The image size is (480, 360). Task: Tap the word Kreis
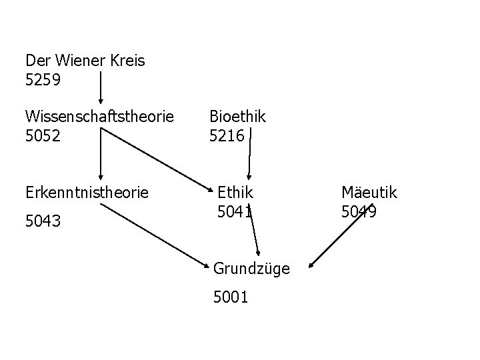[126, 61]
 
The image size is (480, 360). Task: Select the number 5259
[43, 81]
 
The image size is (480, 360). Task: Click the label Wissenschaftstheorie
[99, 117]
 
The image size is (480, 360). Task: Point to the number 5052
[43, 136]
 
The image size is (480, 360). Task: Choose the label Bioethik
[237, 117]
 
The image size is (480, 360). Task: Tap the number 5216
[227, 136]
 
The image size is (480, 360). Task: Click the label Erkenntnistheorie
[87, 193]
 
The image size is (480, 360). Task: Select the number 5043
[43, 220]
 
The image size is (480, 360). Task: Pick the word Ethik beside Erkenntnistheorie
[236, 193]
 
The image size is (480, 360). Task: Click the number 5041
[235, 213]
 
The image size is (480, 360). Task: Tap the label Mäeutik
[369, 193]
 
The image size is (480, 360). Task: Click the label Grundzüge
[251, 269]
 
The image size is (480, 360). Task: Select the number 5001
[231, 297]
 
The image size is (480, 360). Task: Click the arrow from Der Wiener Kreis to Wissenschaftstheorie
[101, 83]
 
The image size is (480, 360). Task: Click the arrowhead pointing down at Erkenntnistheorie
[100, 177]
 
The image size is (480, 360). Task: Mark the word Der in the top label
[37, 61]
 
